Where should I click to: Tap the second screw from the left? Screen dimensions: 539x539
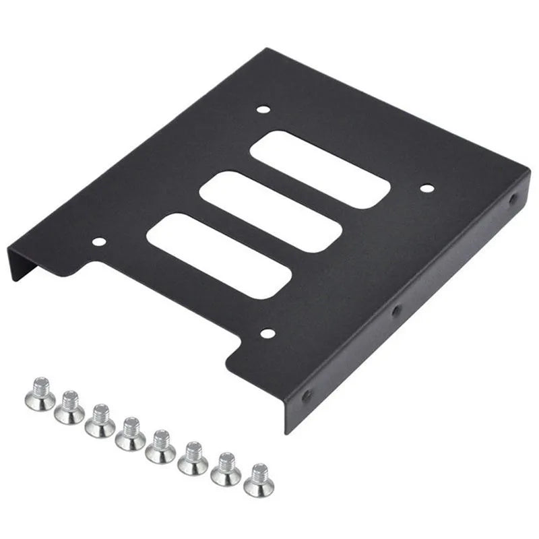pyautogui.click(x=69, y=408)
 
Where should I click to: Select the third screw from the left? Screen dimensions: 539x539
pyautogui.click(x=100, y=420)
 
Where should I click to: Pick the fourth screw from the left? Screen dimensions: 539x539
pyautogui.click(x=130, y=434)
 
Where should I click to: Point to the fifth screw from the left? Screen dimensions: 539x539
pyautogui.click(x=161, y=445)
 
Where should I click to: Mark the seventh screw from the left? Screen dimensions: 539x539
pyautogui.click(x=226, y=469)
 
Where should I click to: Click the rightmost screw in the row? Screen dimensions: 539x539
pyautogui.click(x=259, y=480)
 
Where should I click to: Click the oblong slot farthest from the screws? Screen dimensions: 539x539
pyautogui.click(x=320, y=168)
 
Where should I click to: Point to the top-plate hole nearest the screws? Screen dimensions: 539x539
pyautogui.click(x=267, y=333)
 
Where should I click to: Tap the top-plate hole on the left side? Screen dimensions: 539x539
pyautogui.click(x=99, y=241)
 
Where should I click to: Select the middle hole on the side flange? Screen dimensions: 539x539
pyautogui.click(x=396, y=311)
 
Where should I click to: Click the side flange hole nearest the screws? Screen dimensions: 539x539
pyautogui.click(x=307, y=395)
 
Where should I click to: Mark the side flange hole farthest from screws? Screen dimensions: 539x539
pyautogui.click(x=513, y=199)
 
